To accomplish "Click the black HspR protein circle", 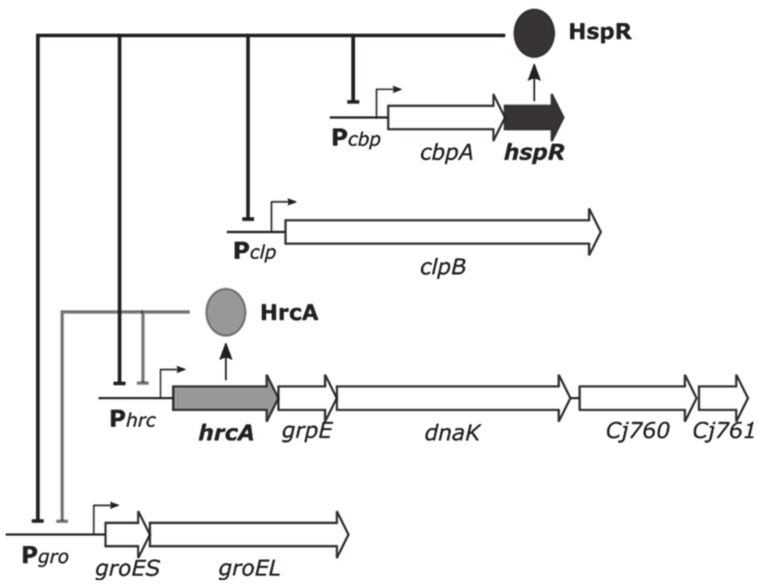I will tap(534, 33).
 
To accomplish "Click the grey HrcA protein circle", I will tap(226, 312).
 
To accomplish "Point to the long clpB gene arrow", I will tap(441, 232).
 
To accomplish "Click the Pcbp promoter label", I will tap(356, 139).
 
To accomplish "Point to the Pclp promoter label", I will tap(255, 252).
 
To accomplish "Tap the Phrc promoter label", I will tap(133, 419).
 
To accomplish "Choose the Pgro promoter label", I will tap(45, 556).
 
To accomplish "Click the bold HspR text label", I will tap(600, 32).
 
